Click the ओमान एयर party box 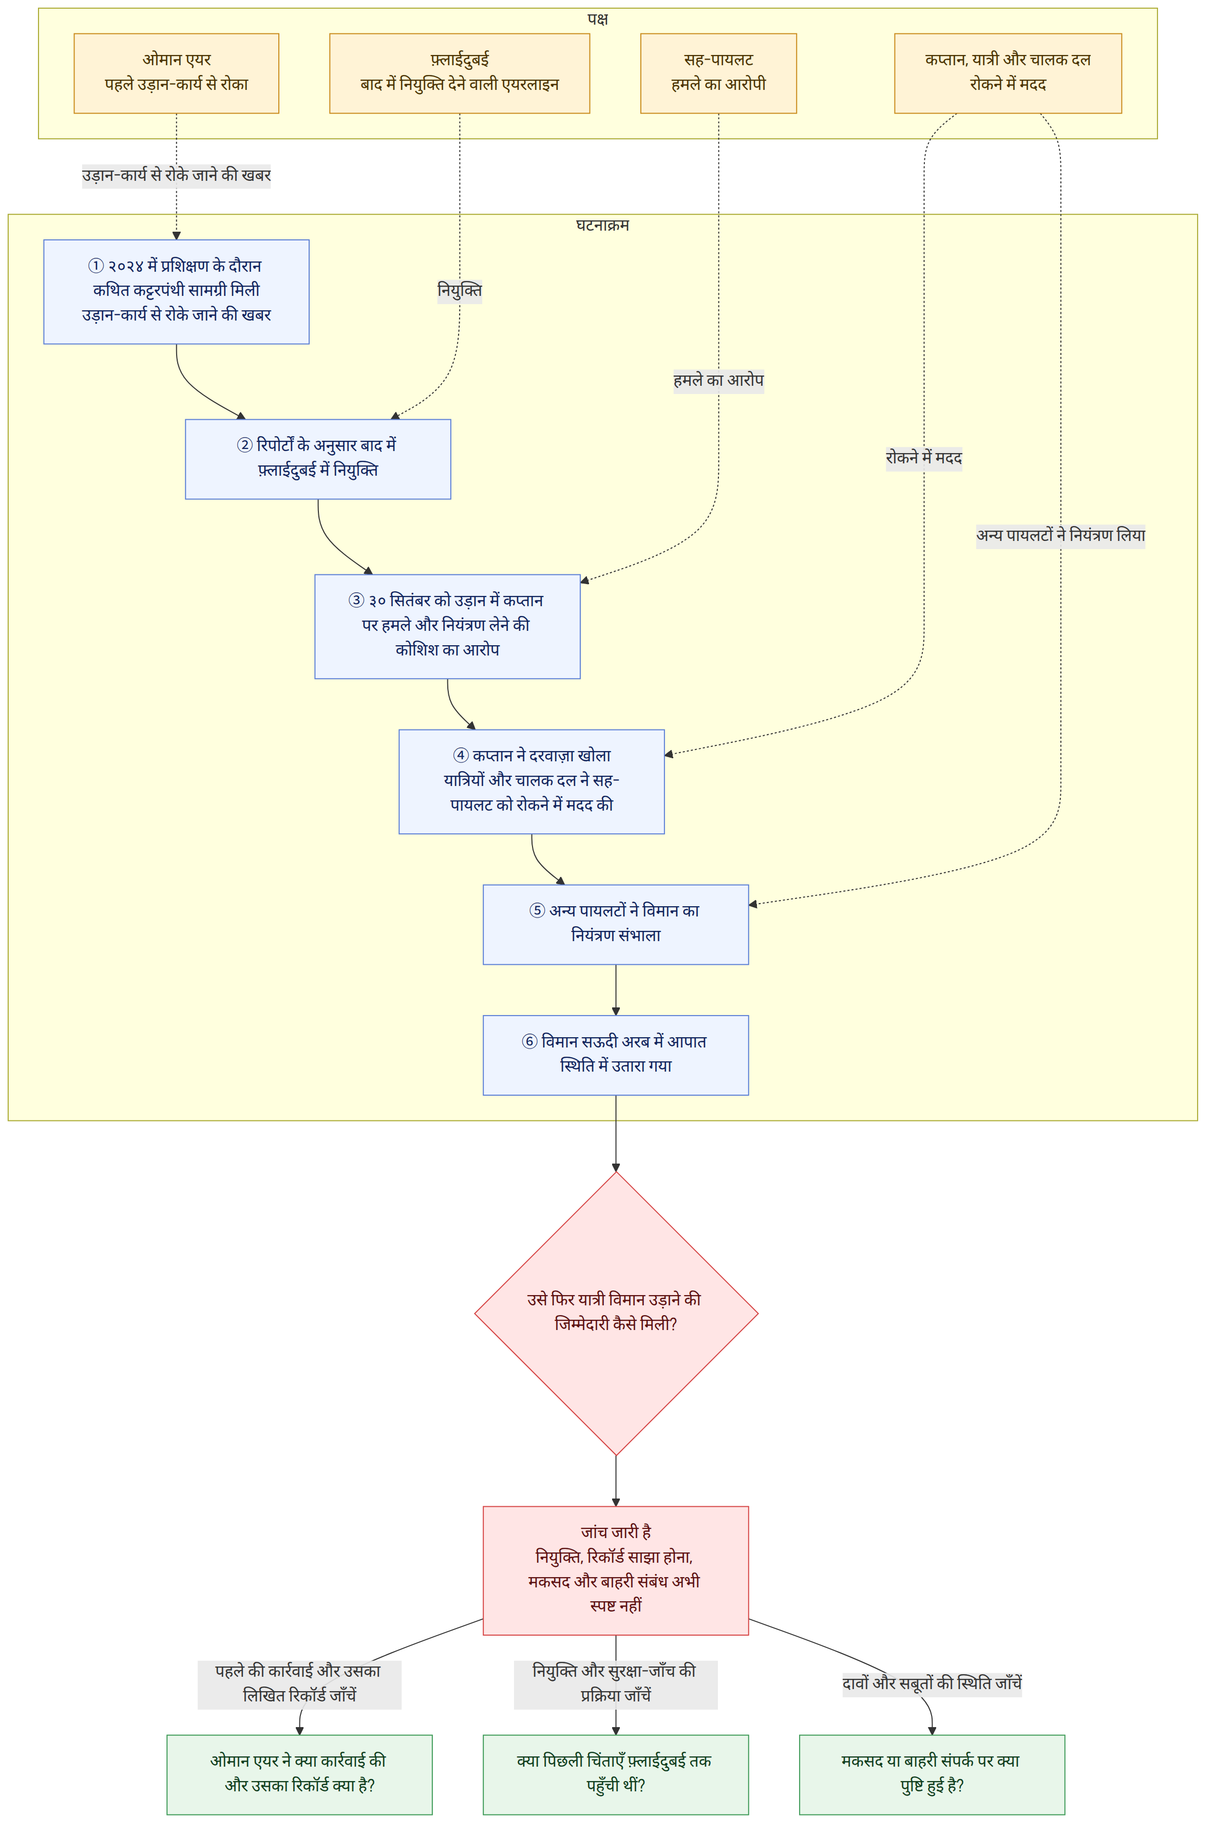click(x=177, y=73)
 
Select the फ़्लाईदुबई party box click(x=460, y=73)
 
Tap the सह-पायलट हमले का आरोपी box click(x=718, y=73)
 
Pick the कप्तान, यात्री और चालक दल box click(x=1008, y=73)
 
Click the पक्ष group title click(x=598, y=18)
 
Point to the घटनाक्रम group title click(x=602, y=226)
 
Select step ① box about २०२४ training click(x=177, y=292)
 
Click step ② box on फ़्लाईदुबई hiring click(x=318, y=459)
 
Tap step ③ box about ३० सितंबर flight click(x=447, y=626)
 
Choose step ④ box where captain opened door click(x=532, y=781)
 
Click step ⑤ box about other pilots click(x=616, y=925)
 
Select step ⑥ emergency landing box click(x=616, y=1055)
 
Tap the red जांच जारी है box click(x=616, y=1571)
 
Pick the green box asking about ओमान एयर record click(x=299, y=1774)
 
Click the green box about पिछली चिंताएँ click(x=616, y=1774)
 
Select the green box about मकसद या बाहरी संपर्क click(x=932, y=1774)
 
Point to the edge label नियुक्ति click(x=460, y=291)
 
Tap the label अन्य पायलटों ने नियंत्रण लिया click(x=1060, y=536)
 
